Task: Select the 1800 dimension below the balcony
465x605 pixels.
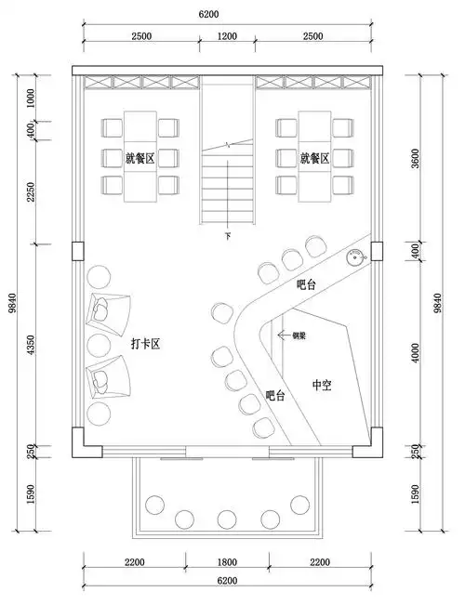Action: [x=227, y=561]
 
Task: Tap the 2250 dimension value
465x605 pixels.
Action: [x=31, y=197]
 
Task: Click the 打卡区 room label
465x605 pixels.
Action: [x=146, y=345]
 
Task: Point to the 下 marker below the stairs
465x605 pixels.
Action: [x=228, y=238]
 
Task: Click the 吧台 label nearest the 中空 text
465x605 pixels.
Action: [x=275, y=396]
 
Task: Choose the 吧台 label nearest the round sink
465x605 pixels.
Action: [x=306, y=284]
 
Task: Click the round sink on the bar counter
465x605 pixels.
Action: [x=354, y=258]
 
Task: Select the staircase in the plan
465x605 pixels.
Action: [x=228, y=181]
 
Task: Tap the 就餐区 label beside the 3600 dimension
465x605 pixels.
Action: [x=315, y=158]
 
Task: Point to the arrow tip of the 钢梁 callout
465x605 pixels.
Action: [x=280, y=335]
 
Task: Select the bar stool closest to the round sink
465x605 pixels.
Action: [x=314, y=244]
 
